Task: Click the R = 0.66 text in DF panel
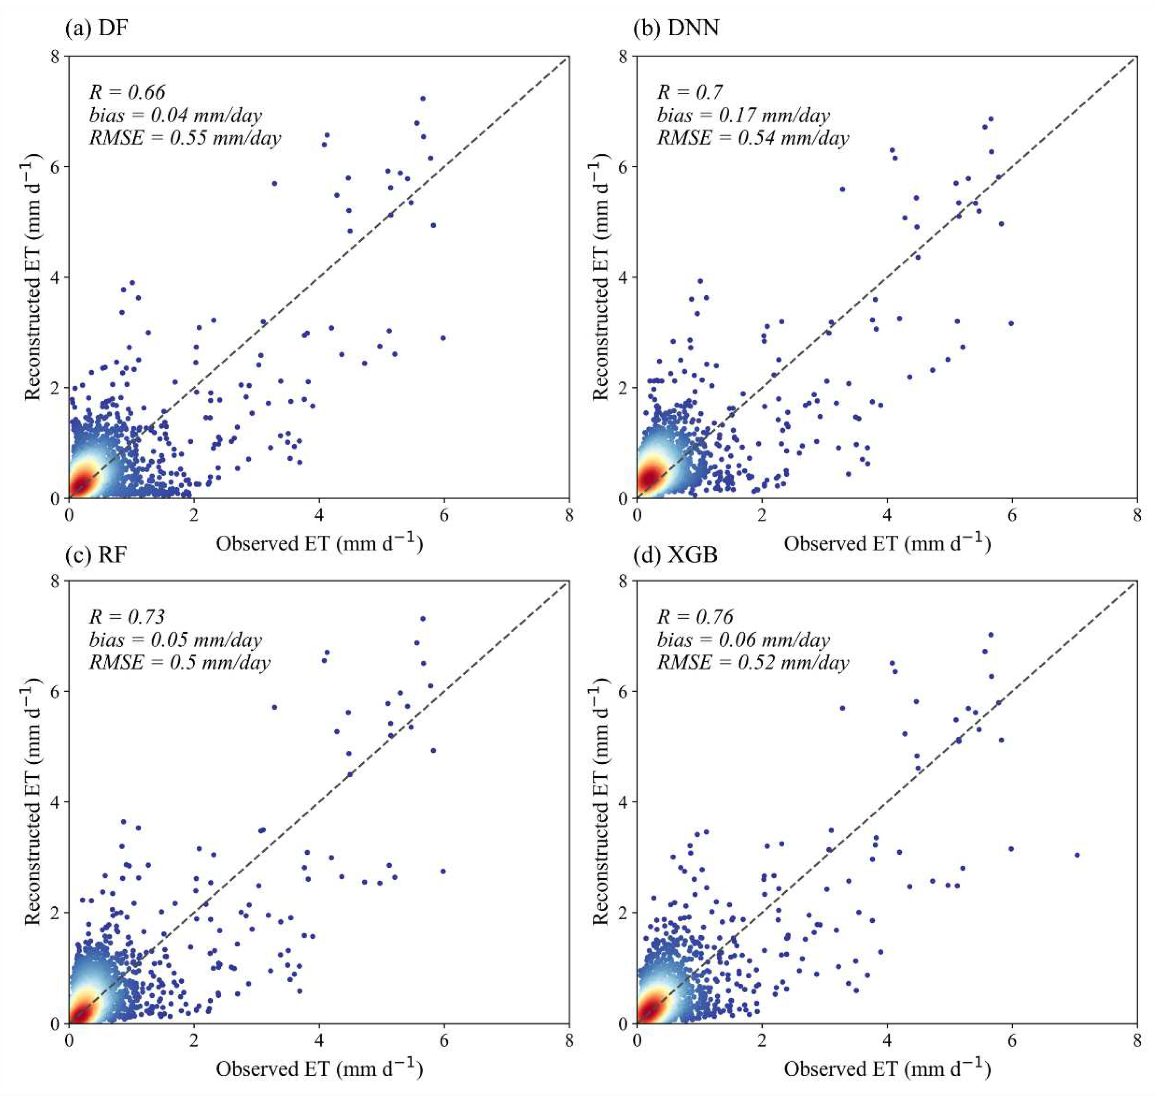click(x=127, y=92)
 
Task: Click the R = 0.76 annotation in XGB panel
click(x=695, y=617)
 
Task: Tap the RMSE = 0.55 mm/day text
click(x=185, y=138)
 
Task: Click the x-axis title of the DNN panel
click(x=887, y=543)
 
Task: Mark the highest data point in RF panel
click(x=422, y=619)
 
